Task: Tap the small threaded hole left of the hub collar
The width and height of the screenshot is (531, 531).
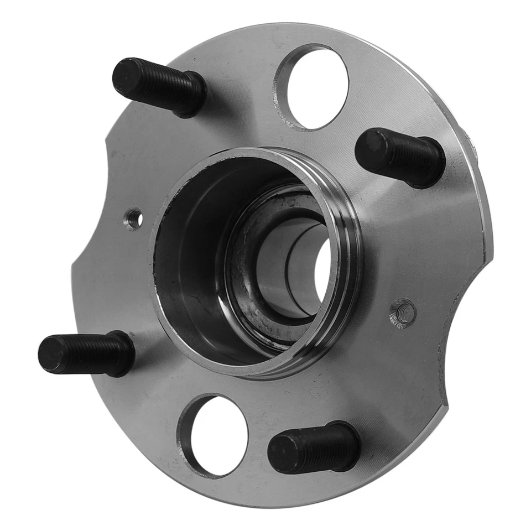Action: [x=133, y=219]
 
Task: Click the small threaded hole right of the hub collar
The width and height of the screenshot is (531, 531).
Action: [x=403, y=313]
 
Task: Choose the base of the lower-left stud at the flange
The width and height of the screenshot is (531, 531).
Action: [x=124, y=354]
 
